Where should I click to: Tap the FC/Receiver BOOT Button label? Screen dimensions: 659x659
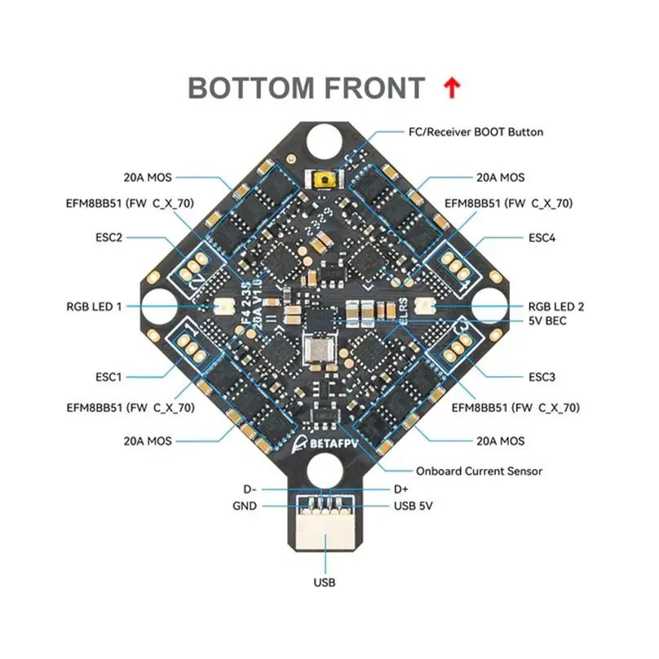tap(475, 131)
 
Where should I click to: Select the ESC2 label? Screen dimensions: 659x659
tap(108, 238)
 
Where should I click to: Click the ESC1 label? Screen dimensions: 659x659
tap(108, 377)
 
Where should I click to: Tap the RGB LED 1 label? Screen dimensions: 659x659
tap(94, 307)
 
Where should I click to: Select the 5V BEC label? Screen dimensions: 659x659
tap(547, 321)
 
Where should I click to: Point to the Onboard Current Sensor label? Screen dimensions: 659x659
tap(479, 471)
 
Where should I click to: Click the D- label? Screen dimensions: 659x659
tap(250, 489)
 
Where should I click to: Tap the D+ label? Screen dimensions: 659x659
tap(400, 489)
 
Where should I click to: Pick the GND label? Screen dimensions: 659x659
tap(244, 506)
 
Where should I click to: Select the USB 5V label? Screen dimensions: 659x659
tap(413, 506)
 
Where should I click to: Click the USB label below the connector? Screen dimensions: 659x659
tap(325, 582)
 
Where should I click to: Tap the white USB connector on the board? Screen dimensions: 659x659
tap(325, 534)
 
